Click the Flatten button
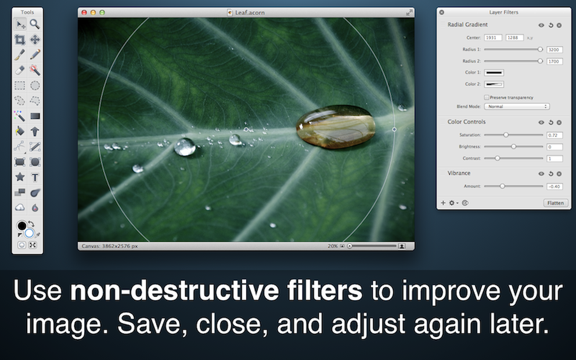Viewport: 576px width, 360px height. (x=555, y=203)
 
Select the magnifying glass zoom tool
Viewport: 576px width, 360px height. (x=35, y=24)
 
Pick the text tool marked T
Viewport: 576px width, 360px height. (x=35, y=177)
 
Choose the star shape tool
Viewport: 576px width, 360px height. (x=20, y=177)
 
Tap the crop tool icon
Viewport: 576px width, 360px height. (x=20, y=39)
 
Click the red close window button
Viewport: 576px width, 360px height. (x=84, y=13)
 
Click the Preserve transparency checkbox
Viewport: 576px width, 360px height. (x=487, y=97)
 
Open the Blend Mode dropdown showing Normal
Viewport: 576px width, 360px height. (x=517, y=107)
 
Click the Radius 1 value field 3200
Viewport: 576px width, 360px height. (x=554, y=50)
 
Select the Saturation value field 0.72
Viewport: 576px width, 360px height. (x=554, y=135)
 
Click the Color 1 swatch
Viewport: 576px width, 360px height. (x=494, y=73)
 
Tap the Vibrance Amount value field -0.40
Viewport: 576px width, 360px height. (x=554, y=186)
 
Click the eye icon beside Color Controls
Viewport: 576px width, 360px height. (x=541, y=122)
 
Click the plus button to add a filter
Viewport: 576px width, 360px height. (x=443, y=203)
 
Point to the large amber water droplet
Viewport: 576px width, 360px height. (x=336, y=127)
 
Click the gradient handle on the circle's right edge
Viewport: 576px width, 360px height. (x=394, y=129)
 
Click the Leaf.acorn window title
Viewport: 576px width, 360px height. (x=250, y=13)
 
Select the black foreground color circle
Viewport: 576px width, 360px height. (x=22, y=226)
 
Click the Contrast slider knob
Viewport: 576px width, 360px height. (x=497, y=158)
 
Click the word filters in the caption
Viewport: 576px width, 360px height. (x=324, y=291)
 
